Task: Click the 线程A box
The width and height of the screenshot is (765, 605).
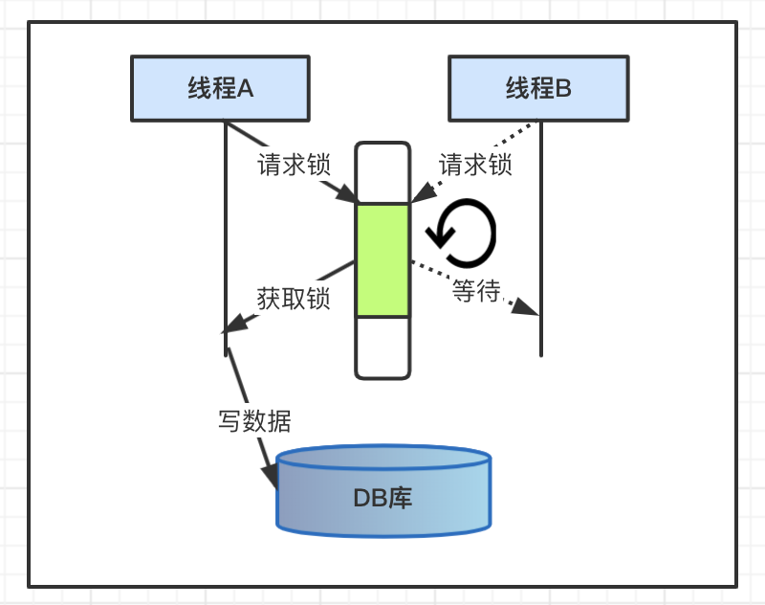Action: tap(220, 89)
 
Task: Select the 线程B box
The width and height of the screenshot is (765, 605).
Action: tap(538, 89)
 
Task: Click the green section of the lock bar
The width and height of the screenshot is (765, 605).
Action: tap(382, 259)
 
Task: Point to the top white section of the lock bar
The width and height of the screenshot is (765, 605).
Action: tap(382, 173)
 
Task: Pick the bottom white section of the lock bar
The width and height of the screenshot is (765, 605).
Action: tap(382, 346)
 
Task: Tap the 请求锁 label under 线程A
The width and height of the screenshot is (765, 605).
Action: tap(294, 165)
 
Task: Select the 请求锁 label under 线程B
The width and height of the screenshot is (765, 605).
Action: tap(475, 165)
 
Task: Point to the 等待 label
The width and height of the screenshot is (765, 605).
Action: tap(476, 291)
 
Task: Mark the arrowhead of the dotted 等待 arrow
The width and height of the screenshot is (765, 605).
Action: tap(527, 308)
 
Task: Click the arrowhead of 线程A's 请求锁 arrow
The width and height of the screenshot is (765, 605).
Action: tap(345, 194)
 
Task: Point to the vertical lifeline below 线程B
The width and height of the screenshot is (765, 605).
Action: tap(541, 239)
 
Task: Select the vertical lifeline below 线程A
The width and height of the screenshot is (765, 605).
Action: tap(225, 230)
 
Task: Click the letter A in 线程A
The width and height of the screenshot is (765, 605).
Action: tap(244, 89)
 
